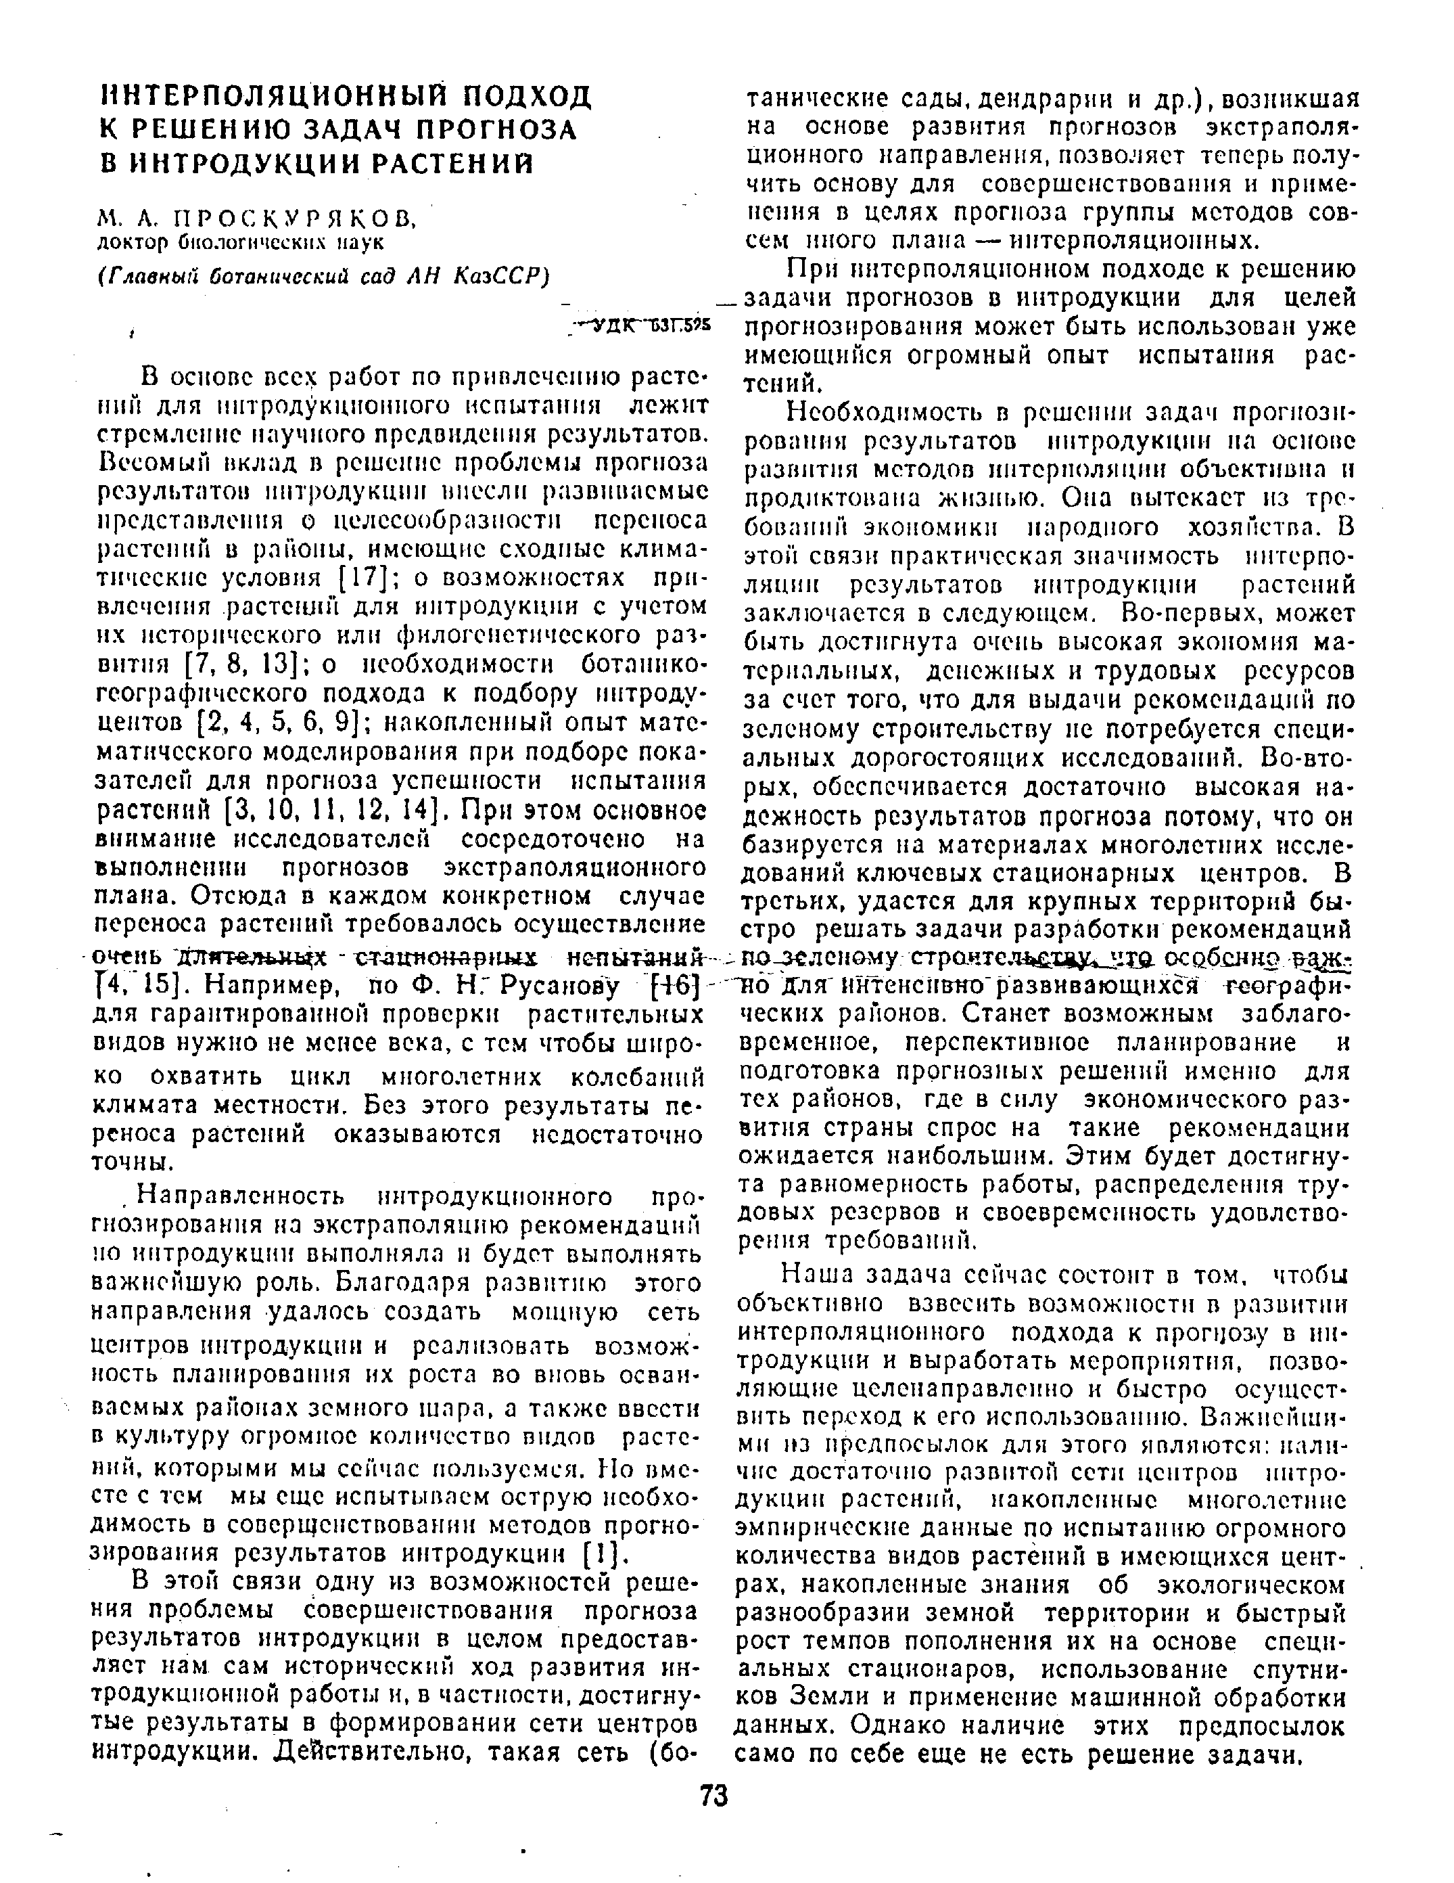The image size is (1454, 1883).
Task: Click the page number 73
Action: (x=713, y=1795)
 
